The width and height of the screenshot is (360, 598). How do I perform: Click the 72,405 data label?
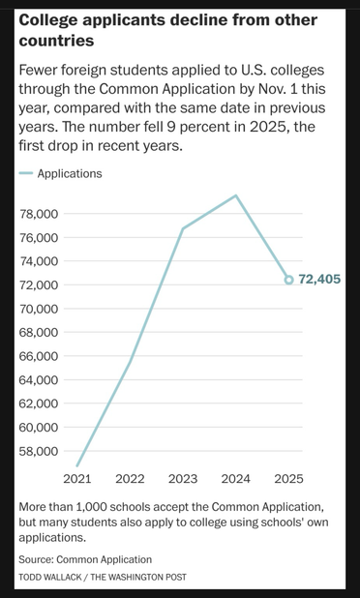click(x=321, y=280)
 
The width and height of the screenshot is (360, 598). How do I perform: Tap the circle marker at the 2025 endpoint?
click(x=288, y=280)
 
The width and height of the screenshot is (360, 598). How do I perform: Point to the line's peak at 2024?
click(x=236, y=195)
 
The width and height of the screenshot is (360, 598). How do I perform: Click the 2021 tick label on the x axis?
click(x=77, y=478)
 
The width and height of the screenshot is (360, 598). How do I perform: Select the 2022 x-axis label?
click(x=130, y=478)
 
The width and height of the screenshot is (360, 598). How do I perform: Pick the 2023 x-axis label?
click(x=183, y=478)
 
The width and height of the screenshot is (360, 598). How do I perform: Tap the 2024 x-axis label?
click(x=235, y=478)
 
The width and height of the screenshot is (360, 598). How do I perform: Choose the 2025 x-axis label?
click(x=288, y=478)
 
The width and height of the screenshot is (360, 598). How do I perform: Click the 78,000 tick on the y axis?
click(x=40, y=214)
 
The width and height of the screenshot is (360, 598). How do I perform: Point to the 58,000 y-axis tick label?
click(x=40, y=451)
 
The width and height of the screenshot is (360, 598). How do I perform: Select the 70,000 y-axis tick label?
click(x=40, y=309)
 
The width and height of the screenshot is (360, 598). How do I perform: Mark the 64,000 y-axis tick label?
click(x=40, y=380)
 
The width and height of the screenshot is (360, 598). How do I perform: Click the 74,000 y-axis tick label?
click(x=40, y=261)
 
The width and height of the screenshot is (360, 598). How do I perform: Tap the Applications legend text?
click(x=69, y=174)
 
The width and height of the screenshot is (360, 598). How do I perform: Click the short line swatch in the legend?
click(x=25, y=175)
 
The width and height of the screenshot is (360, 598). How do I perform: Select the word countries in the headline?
click(x=56, y=41)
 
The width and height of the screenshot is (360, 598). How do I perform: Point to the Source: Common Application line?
click(x=85, y=559)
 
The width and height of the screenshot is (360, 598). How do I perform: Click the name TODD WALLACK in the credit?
click(x=51, y=578)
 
